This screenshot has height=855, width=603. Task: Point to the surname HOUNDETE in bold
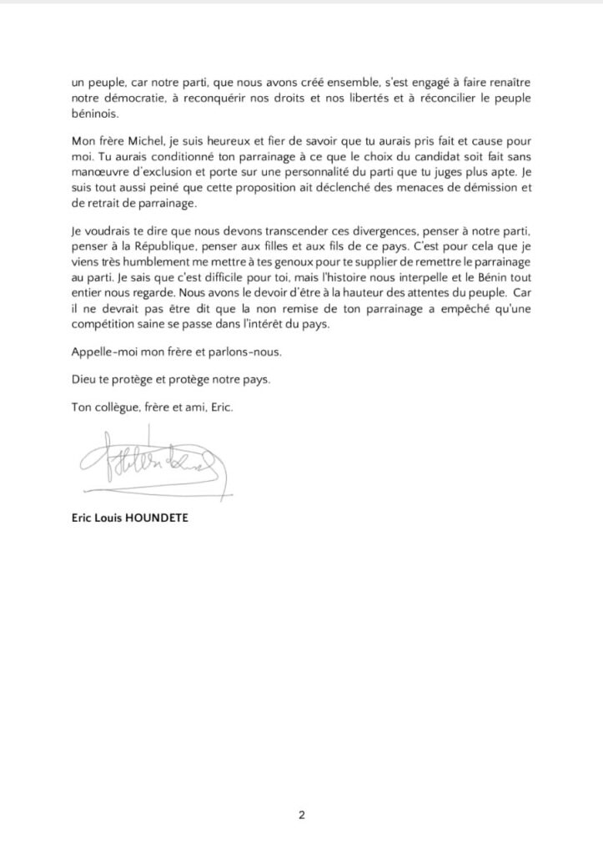click(161, 518)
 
